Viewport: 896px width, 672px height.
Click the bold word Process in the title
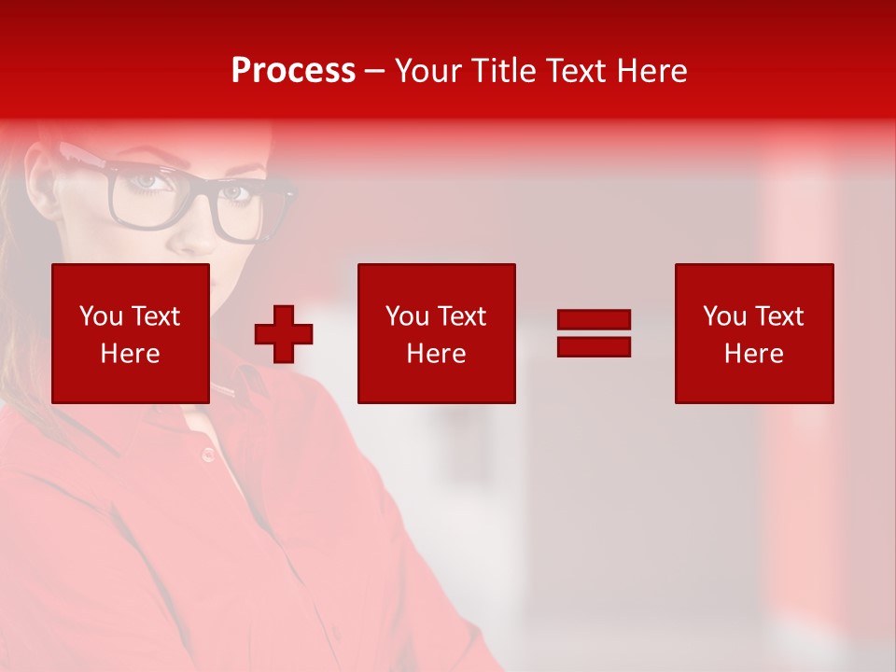click(x=293, y=70)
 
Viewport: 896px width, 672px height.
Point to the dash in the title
click(x=375, y=71)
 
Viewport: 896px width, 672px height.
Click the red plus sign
click(x=284, y=333)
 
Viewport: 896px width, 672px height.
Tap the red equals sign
click(x=594, y=333)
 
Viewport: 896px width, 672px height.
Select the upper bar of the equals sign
click(x=594, y=320)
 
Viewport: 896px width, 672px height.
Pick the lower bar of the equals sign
click(x=594, y=346)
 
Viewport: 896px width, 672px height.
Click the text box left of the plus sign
click(x=131, y=333)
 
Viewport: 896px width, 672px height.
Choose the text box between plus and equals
click(x=436, y=333)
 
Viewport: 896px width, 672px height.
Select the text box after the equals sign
click(x=754, y=333)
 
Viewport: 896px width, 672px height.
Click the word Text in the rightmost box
click(x=778, y=316)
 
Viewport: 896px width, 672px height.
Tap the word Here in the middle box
click(x=436, y=354)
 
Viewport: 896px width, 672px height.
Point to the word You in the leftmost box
click(x=101, y=316)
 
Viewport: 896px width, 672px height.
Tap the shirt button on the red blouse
click(x=207, y=455)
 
